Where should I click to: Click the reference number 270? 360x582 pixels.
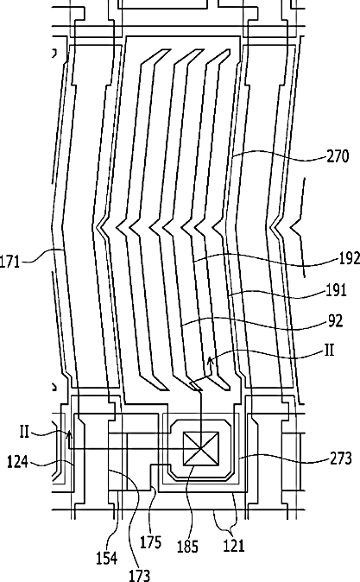pos(338,156)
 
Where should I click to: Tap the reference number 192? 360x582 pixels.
pos(349,259)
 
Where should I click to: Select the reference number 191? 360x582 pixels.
pos(336,290)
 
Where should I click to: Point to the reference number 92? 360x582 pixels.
pos(336,320)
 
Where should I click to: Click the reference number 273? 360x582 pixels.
pos(341,459)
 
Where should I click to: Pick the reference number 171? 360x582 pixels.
pos(9,262)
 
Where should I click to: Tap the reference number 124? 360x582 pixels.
pos(17,462)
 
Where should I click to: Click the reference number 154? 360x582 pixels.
pos(107,558)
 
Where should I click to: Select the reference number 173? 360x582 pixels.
pos(139,575)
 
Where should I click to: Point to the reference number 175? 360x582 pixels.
pos(150,542)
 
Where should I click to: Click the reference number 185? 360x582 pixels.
pos(187,547)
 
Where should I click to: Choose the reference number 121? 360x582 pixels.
pos(234,546)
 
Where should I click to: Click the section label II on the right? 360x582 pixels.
pos(330,350)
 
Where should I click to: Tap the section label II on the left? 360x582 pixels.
pos(24,432)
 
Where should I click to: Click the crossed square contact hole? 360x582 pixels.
pos(201,449)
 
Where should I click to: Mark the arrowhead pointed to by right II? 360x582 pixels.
pos(210,359)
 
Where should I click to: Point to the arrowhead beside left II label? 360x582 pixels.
pos(69,433)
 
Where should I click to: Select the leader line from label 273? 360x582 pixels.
pos(284,458)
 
